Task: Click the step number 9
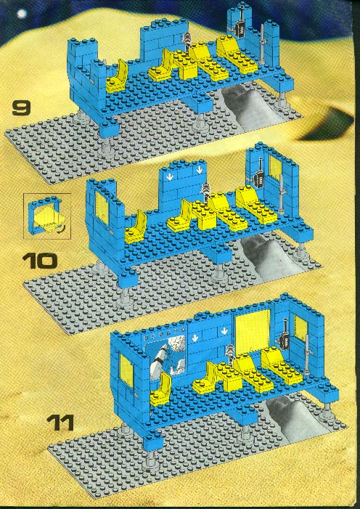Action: (x=22, y=108)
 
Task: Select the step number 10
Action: (x=40, y=261)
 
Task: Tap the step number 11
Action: (x=60, y=423)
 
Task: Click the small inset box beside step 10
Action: (x=47, y=216)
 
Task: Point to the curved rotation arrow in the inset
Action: (x=60, y=230)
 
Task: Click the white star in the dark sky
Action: (x=22, y=14)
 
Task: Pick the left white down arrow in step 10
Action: (x=169, y=178)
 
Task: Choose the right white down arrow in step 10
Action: (x=198, y=170)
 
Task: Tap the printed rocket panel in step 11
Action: (x=165, y=354)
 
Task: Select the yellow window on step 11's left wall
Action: (x=126, y=370)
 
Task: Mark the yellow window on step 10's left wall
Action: (x=102, y=208)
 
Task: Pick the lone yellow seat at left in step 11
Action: (x=160, y=389)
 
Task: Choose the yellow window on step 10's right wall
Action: (x=275, y=168)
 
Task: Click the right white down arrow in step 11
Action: (x=224, y=331)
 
